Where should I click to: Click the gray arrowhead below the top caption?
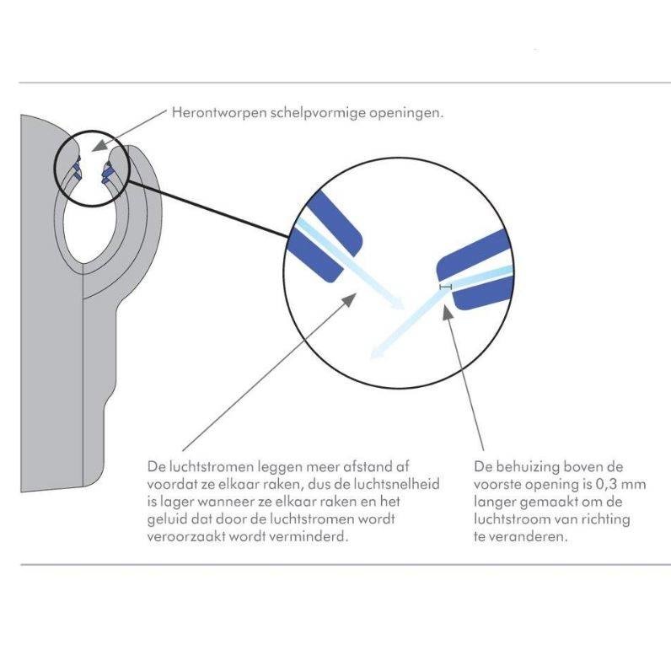tap(104, 147)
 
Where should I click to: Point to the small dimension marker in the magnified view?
tap(445, 288)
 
